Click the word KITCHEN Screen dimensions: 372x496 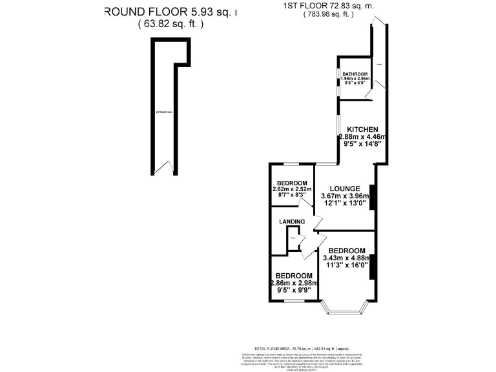[x=362, y=129]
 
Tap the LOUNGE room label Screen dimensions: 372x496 [x=345, y=189]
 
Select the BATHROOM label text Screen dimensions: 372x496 [x=355, y=74]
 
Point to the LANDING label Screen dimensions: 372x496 [x=292, y=222]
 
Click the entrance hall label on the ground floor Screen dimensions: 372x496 [x=164, y=112]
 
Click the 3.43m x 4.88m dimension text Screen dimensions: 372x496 [x=346, y=257]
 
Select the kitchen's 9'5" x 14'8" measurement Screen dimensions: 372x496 [x=361, y=143]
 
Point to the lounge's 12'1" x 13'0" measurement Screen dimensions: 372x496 [x=345, y=203]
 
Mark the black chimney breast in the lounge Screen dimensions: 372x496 [x=371, y=196]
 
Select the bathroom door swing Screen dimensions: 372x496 [x=367, y=95]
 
